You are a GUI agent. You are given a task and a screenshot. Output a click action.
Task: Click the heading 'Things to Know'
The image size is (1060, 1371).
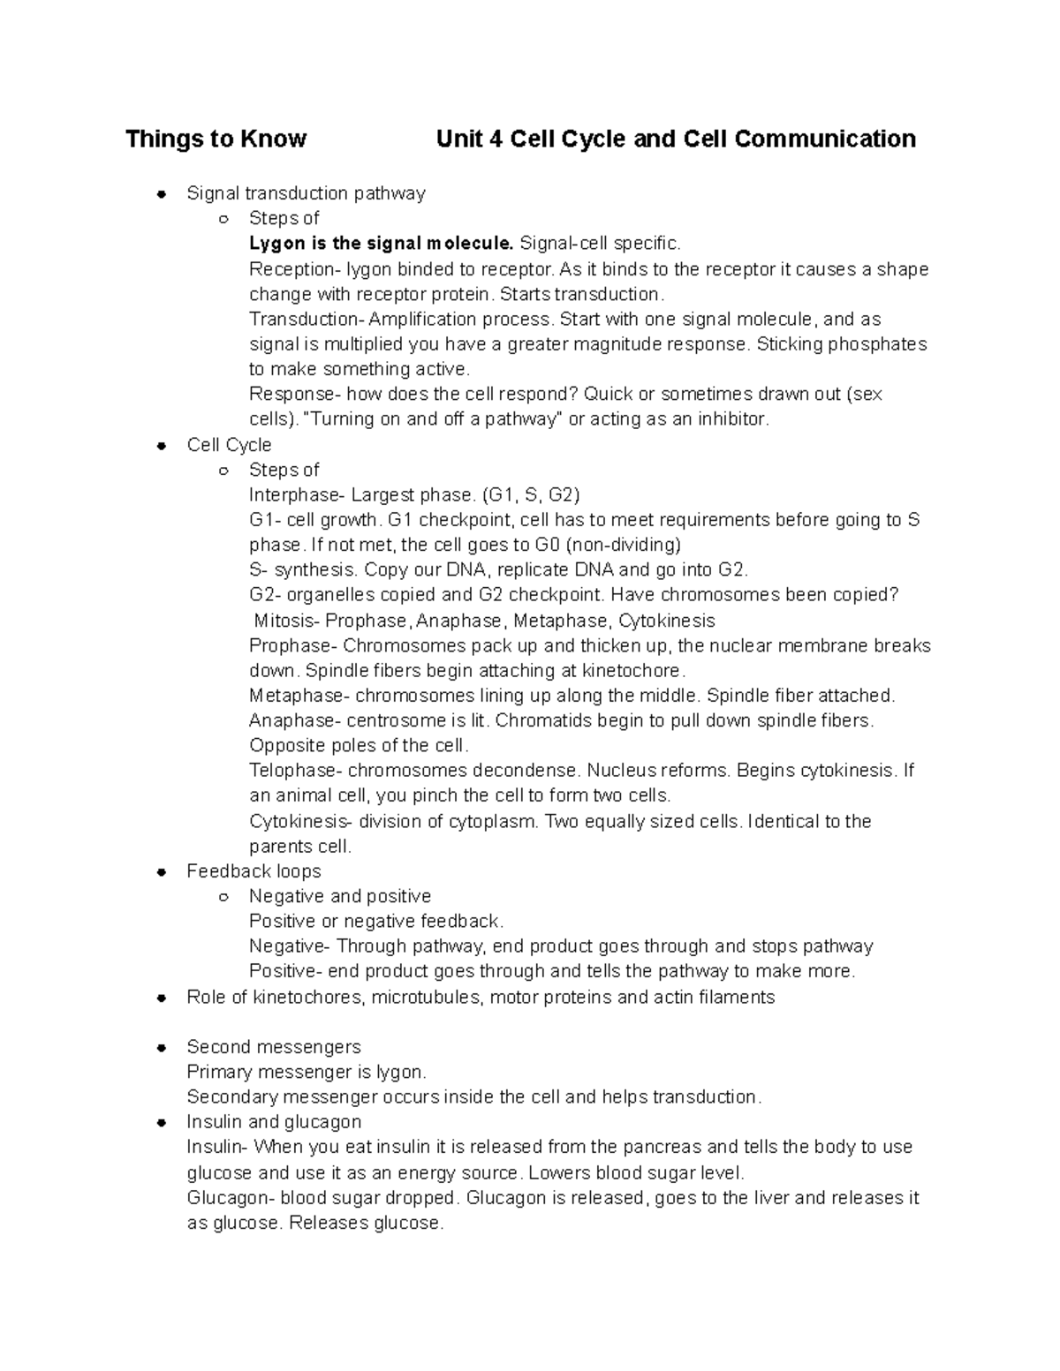[x=216, y=139]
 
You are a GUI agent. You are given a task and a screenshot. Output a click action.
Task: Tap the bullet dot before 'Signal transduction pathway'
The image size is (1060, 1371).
[x=161, y=193]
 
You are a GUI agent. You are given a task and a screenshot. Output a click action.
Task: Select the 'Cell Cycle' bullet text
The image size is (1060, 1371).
[x=229, y=445]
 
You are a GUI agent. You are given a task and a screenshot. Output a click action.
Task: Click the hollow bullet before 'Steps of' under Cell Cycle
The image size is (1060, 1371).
[x=223, y=471]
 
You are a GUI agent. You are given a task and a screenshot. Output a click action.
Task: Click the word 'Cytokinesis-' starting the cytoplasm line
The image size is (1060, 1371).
[x=301, y=822]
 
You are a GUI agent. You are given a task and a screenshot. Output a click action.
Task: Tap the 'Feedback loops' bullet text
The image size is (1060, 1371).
[x=254, y=871]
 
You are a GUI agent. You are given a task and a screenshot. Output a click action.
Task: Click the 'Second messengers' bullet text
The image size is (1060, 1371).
[x=274, y=1047]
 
